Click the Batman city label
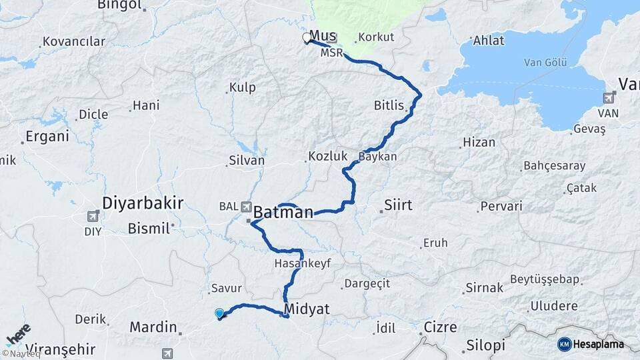(283, 212)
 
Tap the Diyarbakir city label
(143, 203)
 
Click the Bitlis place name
(389, 105)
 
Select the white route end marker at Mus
(307, 38)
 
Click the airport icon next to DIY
(92, 216)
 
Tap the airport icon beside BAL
(247, 207)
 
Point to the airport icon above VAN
(609, 98)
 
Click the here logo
(18, 333)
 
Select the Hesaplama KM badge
(591, 344)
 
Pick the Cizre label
(441, 327)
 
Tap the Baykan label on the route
(378, 157)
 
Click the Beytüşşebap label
(545, 279)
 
